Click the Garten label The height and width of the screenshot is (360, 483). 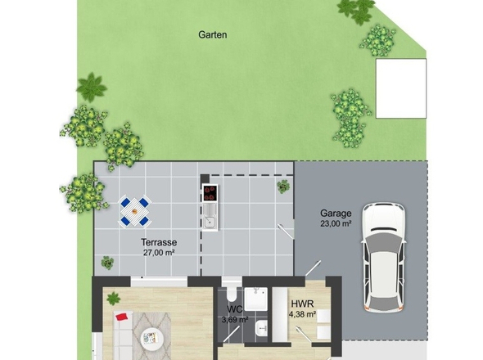tap(213, 34)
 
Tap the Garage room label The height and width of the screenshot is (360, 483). tap(336, 213)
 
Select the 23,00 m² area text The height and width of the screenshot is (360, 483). tap(336, 223)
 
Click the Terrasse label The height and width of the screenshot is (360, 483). tap(159, 242)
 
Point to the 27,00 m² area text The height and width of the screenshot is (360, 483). tap(159, 253)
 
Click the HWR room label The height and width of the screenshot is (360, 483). tap(302, 304)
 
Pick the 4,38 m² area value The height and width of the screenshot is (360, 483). tap(302, 314)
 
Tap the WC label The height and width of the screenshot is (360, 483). tap(235, 309)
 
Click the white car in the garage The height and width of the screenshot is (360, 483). tap(383, 258)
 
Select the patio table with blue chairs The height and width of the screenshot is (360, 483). tap(134, 211)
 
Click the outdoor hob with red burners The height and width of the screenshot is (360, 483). tap(210, 193)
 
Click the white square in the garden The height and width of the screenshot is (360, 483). tap(401, 88)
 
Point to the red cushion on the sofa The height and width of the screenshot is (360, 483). tap(122, 317)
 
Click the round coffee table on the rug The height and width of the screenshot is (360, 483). tap(151, 338)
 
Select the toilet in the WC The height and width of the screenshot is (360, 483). tap(231, 294)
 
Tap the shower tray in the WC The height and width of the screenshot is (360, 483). tap(256, 299)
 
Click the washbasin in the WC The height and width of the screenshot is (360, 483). tap(262, 328)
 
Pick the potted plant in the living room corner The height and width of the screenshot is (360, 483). tap(113, 299)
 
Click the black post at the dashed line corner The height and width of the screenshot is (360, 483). tap(205, 179)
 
